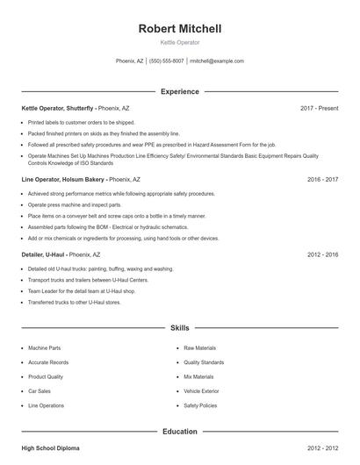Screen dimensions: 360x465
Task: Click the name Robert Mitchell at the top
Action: (180, 28)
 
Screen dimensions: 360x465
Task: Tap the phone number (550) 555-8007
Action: (166, 61)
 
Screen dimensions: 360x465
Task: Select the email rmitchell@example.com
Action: (217, 61)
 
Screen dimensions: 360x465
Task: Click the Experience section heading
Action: (180, 91)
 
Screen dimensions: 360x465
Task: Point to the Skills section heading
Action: (180, 328)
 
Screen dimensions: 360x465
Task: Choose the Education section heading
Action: (180, 432)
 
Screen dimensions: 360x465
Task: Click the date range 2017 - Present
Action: (319, 108)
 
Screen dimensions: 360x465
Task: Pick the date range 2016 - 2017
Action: (322, 179)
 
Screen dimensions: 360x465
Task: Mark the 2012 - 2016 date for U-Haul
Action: (322, 254)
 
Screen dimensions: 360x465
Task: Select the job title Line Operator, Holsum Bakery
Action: (62, 179)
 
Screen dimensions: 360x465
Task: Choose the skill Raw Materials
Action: (199, 347)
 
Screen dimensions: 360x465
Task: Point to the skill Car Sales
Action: (40, 391)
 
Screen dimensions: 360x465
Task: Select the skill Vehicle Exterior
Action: (202, 391)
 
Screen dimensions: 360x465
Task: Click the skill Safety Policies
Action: (201, 406)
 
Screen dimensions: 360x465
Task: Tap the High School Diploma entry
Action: (50, 448)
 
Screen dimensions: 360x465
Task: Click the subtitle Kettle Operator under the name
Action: (180, 42)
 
